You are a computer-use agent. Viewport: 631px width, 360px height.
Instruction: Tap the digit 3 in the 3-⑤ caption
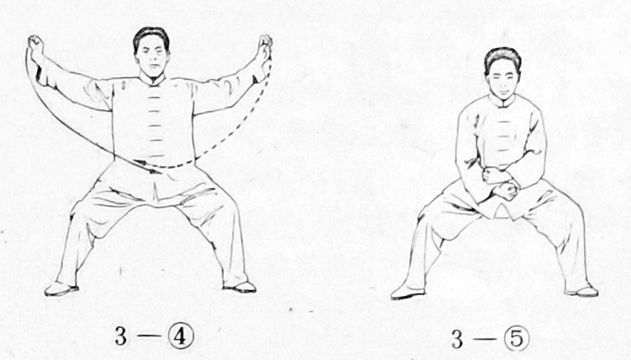click(x=457, y=340)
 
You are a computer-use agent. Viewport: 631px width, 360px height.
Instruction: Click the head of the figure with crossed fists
click(x=502, y=73)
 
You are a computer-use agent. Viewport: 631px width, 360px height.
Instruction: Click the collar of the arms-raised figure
click(x=152, y=81)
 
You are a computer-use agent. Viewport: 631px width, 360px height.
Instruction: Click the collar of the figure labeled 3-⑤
click(x=502, y=102)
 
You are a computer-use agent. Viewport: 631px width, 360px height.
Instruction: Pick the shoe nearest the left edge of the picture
click(x=61, y=289)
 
